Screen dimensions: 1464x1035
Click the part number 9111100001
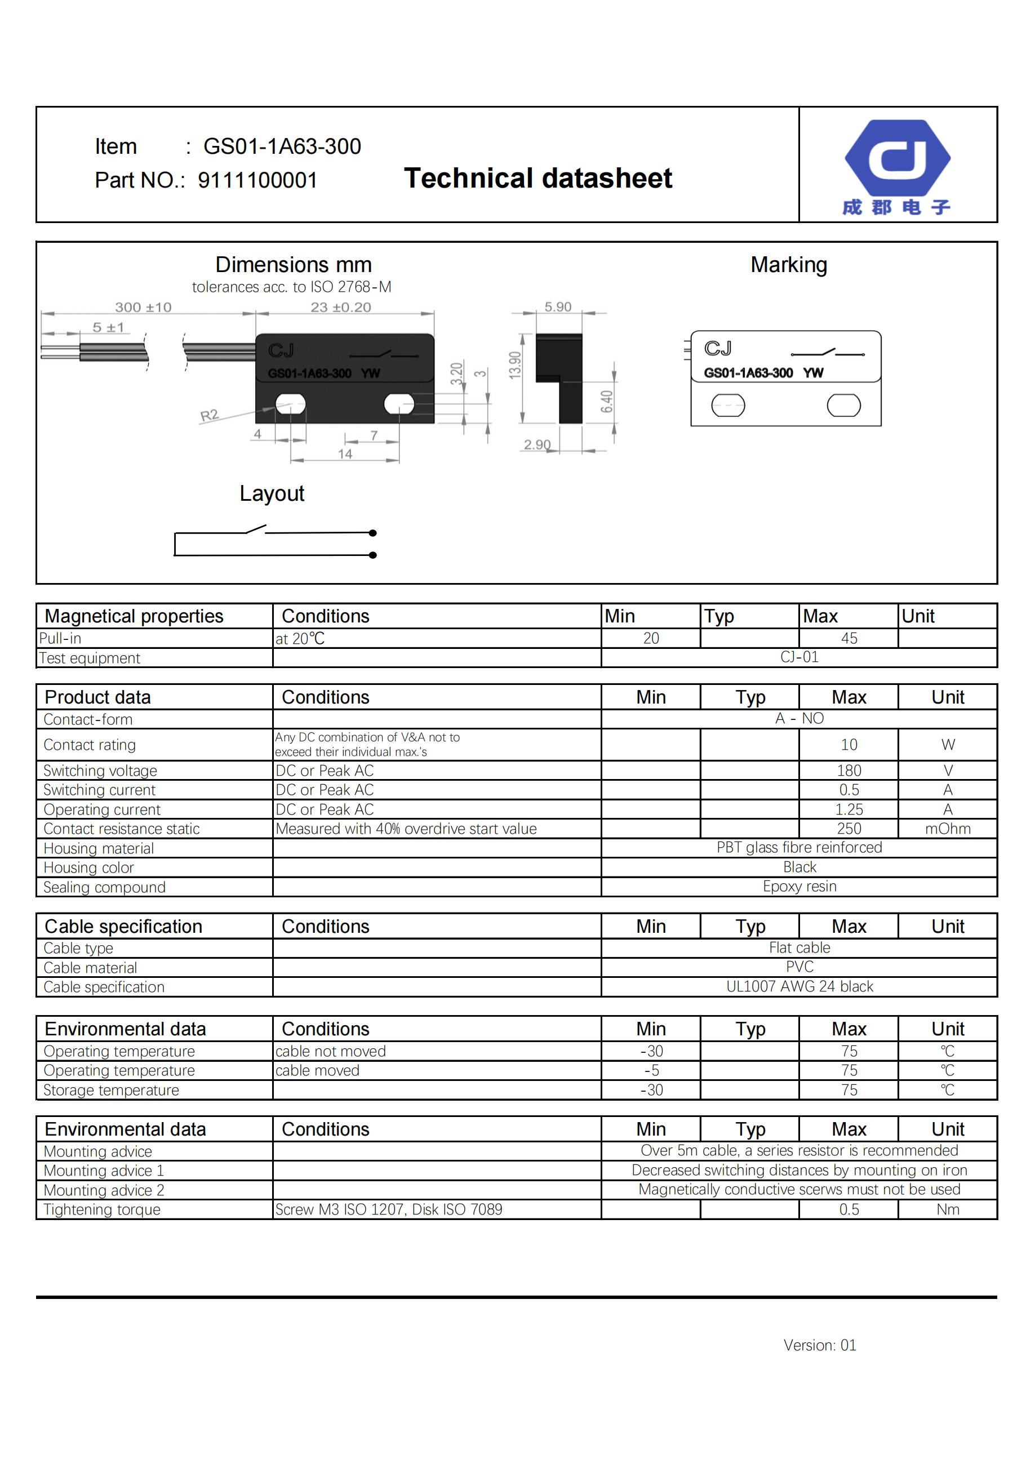[x=257, y=180]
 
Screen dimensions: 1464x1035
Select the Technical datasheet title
[x=538, y=178]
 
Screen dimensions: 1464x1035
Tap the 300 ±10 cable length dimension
[x=143, y=308]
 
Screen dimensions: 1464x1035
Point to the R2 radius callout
[x=209, y=416]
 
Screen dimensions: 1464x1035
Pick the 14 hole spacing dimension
[x=344, y=454]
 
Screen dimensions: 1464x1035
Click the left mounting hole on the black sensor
[x=290, y=404]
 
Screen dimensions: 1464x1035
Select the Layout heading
[x=272, y=493]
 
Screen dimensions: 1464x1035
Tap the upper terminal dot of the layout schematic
[x=373, y=533]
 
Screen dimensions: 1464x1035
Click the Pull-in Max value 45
[x=848, y=638]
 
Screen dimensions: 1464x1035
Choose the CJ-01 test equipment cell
[x=799, y=657]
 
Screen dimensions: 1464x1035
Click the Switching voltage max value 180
[x=848, y=770]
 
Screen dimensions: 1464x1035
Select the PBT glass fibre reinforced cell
[x=799, y=847]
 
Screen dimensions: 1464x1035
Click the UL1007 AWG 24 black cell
[x=799, y=986]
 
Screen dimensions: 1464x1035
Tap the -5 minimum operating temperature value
[x=650, y=1071]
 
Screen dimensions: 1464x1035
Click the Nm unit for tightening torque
[x=947, y=1209]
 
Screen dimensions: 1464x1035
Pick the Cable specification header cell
[x=123, y=927]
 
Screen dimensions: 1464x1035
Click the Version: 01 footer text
[x=819, y=1345]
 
